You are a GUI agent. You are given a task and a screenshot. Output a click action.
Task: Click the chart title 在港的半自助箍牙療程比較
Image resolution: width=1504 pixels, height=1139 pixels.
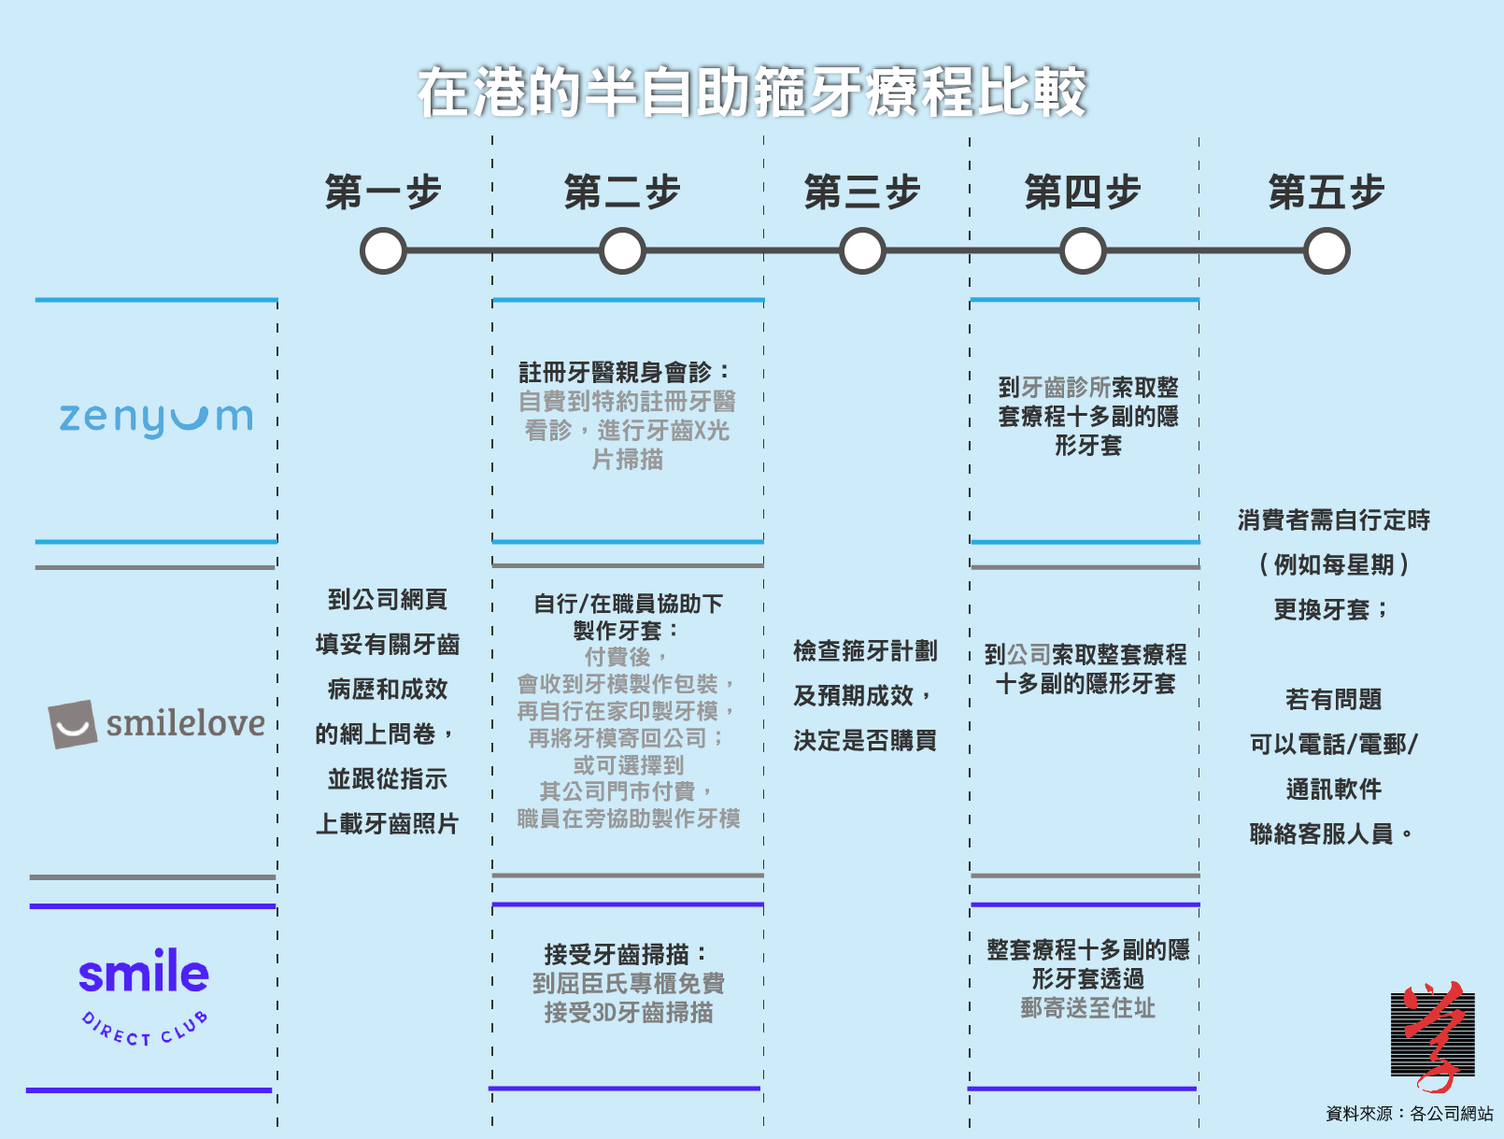click(x=752, y=92)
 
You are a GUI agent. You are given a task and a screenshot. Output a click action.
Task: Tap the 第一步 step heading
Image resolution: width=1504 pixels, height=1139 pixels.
click(x=383, y=192)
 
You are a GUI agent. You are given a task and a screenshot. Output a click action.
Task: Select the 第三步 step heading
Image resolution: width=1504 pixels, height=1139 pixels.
click(x=862, y=192)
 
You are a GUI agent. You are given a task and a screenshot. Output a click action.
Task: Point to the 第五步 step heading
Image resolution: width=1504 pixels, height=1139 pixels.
click(x=1327, y=192)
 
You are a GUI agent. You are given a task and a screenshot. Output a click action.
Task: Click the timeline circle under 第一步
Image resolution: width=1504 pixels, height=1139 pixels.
click(x=383, y=251)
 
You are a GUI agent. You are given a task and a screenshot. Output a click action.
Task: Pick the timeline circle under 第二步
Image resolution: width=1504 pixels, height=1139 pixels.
click(x=623, y=251)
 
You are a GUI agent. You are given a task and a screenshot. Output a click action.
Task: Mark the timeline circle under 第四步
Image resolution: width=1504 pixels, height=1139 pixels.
click(x=1083, y=251)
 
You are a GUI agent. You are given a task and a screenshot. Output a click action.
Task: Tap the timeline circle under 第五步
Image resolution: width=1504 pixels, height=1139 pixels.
click(x=1327, y=251)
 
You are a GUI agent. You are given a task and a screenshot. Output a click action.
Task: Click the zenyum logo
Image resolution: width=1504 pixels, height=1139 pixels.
click(x=156, y=418)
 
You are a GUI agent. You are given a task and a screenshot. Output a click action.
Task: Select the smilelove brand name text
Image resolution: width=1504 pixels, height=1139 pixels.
click(x=185, y=723)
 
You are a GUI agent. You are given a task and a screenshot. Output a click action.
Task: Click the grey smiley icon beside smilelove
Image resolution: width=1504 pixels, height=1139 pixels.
click(x=72, y=724)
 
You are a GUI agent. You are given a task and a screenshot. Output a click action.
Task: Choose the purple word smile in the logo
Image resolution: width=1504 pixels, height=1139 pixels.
click(x=144, y=973)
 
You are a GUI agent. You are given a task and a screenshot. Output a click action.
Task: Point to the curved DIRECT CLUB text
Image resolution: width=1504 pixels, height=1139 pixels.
click(x=145, y=1029)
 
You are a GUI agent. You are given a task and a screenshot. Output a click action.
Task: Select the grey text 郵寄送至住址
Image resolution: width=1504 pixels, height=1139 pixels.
click(x=1087, y=1008)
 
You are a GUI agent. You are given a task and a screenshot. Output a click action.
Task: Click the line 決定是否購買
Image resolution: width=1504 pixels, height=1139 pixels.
click(x=865, y=741)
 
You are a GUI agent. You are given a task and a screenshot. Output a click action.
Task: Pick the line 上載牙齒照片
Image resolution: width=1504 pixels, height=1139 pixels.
click(x=388, y=824)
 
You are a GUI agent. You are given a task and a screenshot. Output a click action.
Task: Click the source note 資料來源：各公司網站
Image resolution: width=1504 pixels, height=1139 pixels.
click(x=1409, y=1114)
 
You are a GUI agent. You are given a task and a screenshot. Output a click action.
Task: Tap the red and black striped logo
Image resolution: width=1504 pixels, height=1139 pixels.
click(x=1432, y=1035)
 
